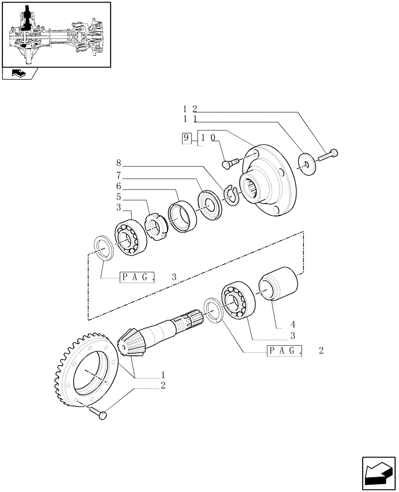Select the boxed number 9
pyautogui.click(x=186, y=138)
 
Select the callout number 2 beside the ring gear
pyautogui.click(x=163, y=385)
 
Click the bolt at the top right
pyautogui.click(x=329, y=154)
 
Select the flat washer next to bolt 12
pyautogui.click(x=307, y=164)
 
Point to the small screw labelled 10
pyautogui.click(x=229, y=162)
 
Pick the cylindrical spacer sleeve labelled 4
pyautogui.click(x=279, y=284)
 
